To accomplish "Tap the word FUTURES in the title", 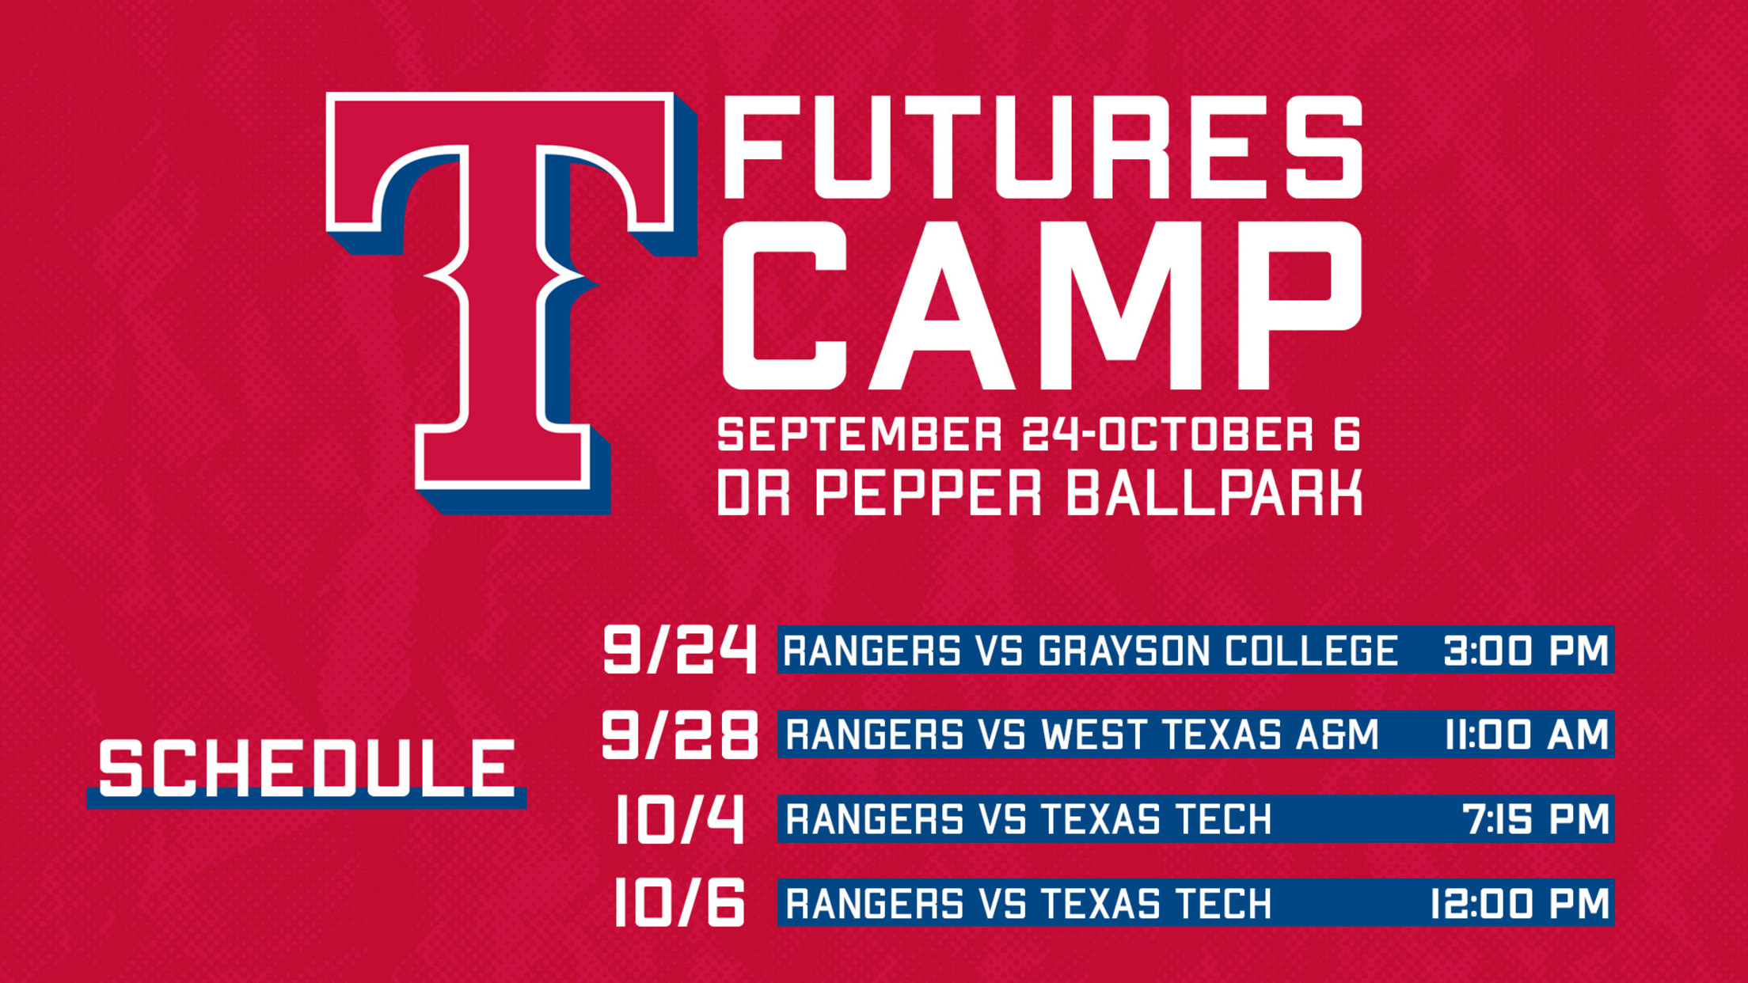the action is click(1043, 147).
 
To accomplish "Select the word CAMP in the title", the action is click(1043, 306).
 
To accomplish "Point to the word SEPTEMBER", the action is click(860, 435).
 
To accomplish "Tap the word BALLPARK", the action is click(1214, 492).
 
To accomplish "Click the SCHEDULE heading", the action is click(307, 768).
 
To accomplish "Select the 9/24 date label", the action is click(679, 649).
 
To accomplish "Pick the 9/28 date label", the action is click(679, 734).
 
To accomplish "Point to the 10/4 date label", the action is click(679, 819).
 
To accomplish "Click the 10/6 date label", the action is click(679, 902).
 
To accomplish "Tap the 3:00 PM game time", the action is click(1526, 651).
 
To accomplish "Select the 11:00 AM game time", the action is click(1526, 734).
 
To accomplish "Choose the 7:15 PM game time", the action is click(1536, 819).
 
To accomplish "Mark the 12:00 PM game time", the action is click(1519, 903).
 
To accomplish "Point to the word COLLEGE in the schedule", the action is click(1311, 651).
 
